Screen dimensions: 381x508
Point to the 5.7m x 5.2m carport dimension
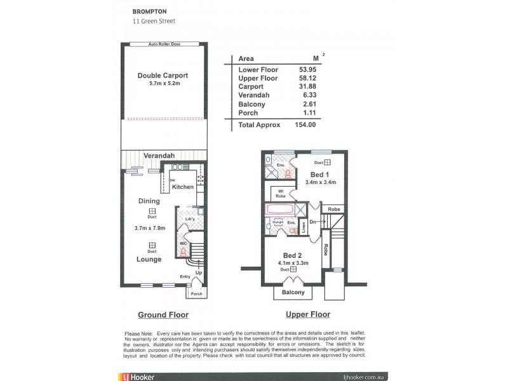click(163, 83)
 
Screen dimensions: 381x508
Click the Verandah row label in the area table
click(253, 95)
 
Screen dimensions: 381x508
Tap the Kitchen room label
click(182, 187)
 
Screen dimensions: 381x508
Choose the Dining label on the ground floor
click(149, 201)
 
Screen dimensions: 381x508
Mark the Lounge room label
click(149, 259)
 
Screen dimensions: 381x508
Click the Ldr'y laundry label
click(184, 220)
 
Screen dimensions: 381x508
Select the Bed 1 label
click(319, 174)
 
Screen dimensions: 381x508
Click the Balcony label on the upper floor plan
click(293, 293)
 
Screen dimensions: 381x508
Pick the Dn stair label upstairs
click(313, 222)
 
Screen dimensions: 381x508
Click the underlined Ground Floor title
click(163, 315)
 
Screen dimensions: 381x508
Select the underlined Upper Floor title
click(308, 314)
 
